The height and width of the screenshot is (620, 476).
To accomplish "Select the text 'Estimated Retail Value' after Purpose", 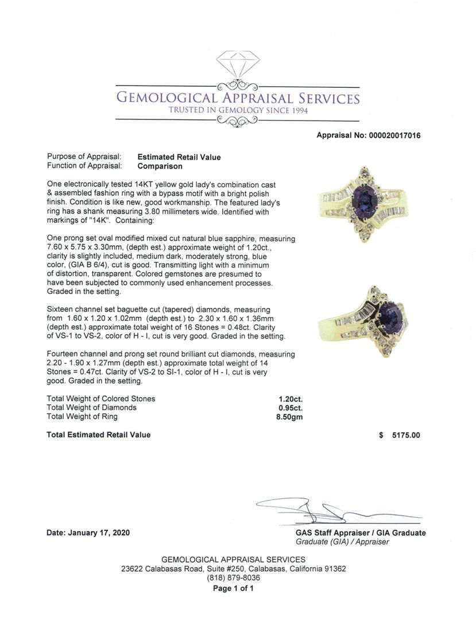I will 179,157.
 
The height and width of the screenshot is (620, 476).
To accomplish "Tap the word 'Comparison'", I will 160,166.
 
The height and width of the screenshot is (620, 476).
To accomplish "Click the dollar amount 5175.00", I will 405,435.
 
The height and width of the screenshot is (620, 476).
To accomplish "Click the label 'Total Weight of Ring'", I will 82,417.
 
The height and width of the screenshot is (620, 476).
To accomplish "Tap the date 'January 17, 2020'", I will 99,533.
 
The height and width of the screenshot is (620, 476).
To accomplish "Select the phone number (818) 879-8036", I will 233,578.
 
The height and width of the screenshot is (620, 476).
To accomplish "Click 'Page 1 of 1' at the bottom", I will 233,588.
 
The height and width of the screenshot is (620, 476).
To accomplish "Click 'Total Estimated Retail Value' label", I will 99,435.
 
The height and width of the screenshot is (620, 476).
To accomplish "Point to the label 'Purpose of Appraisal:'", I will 84,157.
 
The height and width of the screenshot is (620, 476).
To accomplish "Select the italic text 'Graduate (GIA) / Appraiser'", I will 342,542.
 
